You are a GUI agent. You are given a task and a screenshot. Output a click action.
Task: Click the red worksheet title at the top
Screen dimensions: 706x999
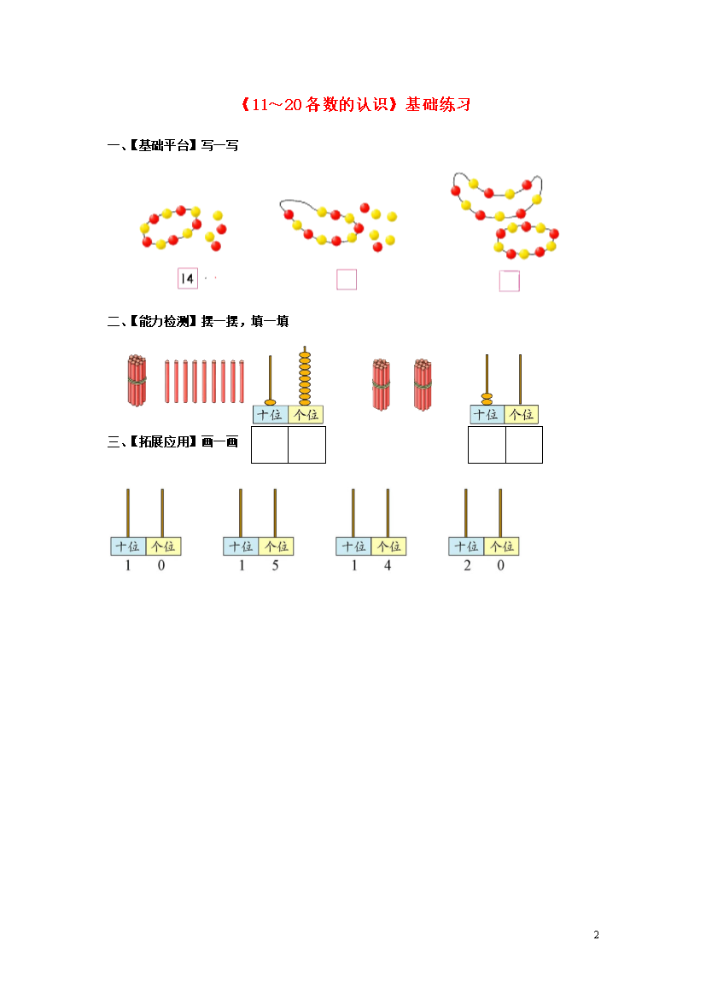[355, 104]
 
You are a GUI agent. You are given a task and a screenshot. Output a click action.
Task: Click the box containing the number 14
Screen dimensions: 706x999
[187, 278]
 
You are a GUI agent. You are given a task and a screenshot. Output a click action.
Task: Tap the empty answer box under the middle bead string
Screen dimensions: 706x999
[347, 279]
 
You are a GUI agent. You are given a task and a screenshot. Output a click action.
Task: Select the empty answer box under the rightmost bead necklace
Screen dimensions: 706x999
[509, 281]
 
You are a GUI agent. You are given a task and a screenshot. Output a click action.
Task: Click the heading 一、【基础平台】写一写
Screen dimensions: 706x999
[172, 145]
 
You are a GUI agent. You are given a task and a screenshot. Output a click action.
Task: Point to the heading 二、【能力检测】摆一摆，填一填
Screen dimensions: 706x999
[198, 321]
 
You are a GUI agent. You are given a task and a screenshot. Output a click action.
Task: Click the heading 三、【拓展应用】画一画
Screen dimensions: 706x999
[172, 441]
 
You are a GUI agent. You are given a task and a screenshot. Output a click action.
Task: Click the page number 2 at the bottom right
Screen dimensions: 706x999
[597, 935]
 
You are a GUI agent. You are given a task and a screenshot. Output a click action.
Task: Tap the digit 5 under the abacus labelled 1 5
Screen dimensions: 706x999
[275, 565]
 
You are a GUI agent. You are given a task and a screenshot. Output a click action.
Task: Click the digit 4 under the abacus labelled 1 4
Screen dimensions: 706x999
[388, 565]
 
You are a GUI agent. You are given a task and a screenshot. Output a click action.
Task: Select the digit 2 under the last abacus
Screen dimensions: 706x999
[467, 565]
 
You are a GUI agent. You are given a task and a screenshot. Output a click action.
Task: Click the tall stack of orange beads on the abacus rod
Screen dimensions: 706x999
[306, 378]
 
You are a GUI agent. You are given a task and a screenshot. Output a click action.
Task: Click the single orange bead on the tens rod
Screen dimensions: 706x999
[270, 402]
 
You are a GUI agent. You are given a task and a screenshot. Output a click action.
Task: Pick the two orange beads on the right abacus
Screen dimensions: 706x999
[487, 400]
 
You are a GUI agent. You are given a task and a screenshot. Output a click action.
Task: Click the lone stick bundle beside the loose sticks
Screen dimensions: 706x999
[137, 380]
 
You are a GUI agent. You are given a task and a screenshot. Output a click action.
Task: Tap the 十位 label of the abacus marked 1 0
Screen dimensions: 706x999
[128, 546]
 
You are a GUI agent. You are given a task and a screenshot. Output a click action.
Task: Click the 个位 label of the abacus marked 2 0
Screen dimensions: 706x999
[501, 546]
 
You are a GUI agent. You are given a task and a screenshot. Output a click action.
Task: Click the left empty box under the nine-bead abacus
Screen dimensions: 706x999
[270, 445]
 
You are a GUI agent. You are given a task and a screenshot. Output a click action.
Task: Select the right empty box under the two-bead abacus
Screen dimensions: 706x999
[524, 445]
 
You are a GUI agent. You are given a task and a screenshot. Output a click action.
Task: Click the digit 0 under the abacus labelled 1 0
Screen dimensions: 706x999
[161, 565]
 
